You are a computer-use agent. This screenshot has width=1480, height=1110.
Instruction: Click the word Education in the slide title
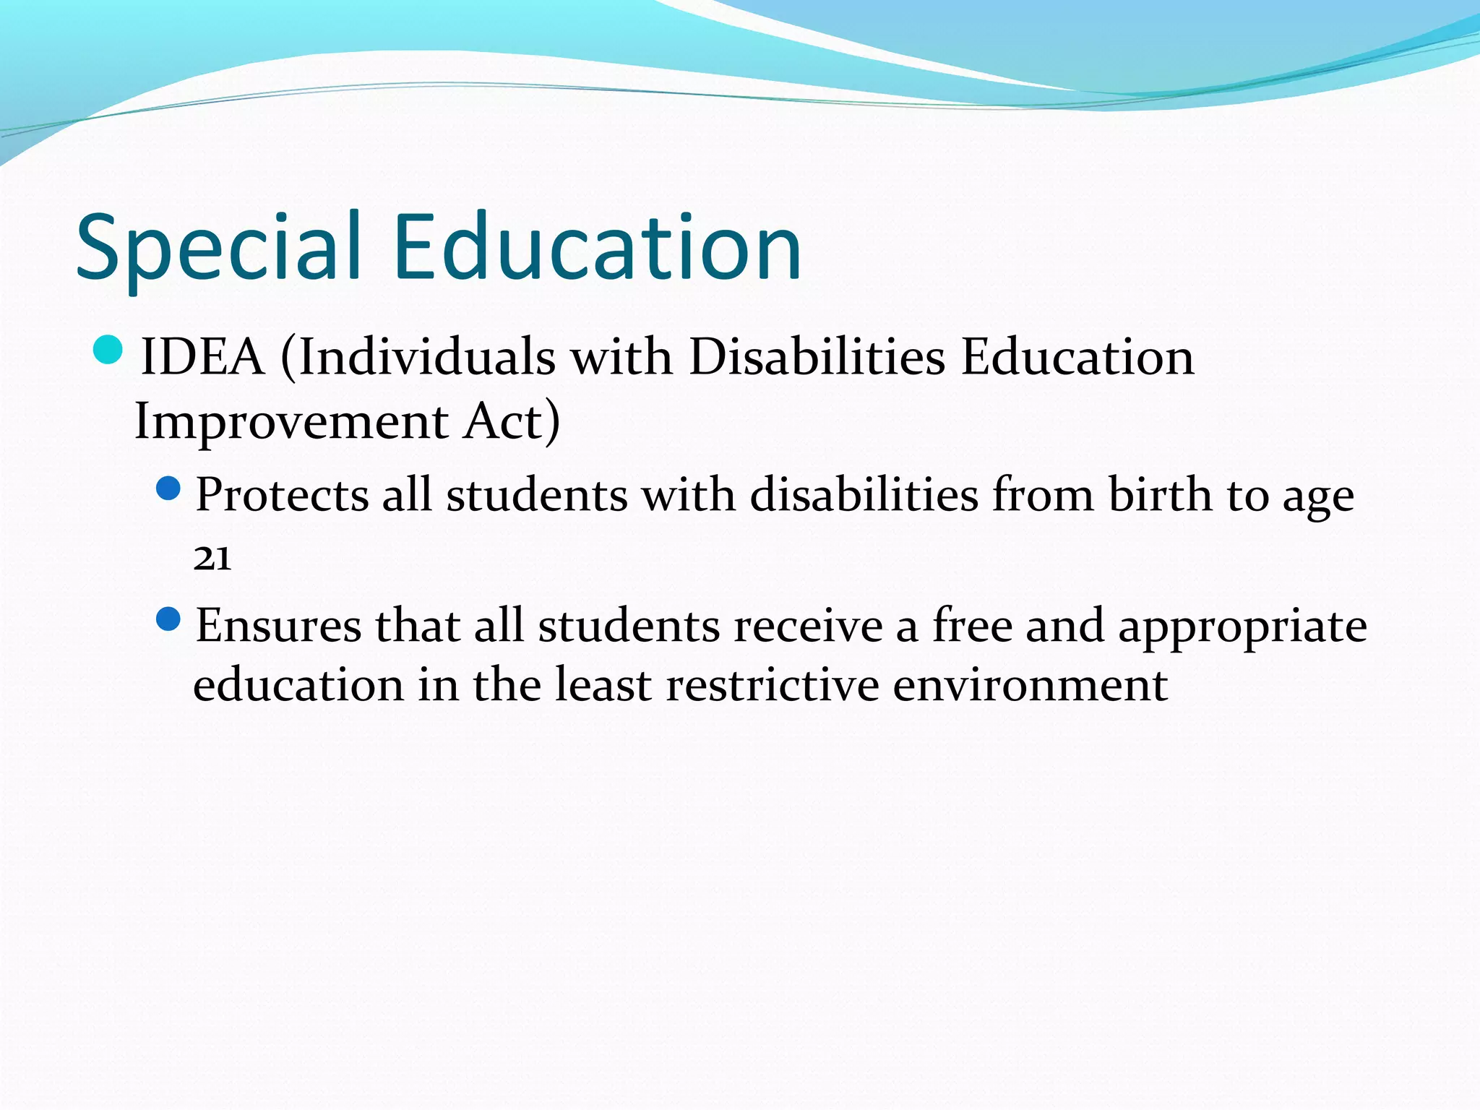coord(597,248)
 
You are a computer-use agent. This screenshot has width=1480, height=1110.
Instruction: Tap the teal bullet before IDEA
coord(108,350)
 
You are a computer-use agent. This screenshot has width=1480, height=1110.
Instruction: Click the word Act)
coord(512,421)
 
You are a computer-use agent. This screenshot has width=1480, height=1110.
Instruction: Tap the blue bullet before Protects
coord(168,489)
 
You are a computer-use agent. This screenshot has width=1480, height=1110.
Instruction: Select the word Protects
coord(282,496)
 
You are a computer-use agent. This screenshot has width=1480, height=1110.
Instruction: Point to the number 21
coord(212,559)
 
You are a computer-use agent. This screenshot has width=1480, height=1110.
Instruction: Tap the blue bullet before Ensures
coord(168,619)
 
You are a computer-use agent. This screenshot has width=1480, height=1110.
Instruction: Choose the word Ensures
coord(278,626)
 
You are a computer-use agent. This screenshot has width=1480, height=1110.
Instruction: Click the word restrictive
coord(772,685)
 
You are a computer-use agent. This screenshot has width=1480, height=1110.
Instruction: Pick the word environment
coord(1030,685)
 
